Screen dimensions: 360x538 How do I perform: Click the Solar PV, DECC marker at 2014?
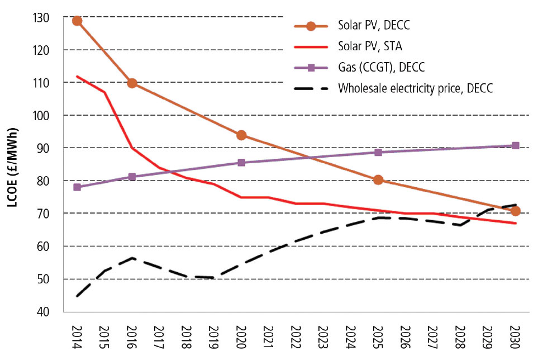click(77, 21)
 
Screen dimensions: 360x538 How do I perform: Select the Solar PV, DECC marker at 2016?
click(132, 83)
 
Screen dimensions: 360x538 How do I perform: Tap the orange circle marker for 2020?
click(241, 135)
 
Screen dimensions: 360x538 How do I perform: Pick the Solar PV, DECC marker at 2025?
click(378, 179)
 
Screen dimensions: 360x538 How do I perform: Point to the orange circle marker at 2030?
click(515, 211)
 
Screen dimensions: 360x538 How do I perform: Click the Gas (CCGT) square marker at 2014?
click(77, 187)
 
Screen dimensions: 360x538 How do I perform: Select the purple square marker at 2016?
click(132, 177)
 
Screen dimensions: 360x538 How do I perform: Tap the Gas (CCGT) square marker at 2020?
click(241, 163)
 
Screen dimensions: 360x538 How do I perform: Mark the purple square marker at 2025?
click(378, 152)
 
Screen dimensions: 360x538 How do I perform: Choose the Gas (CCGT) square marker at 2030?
click(515, 145)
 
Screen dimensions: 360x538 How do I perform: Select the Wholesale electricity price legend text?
click(415, 88)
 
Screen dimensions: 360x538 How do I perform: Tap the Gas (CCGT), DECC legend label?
click(381, 68)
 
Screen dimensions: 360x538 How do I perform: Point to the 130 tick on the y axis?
click(41, 18)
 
